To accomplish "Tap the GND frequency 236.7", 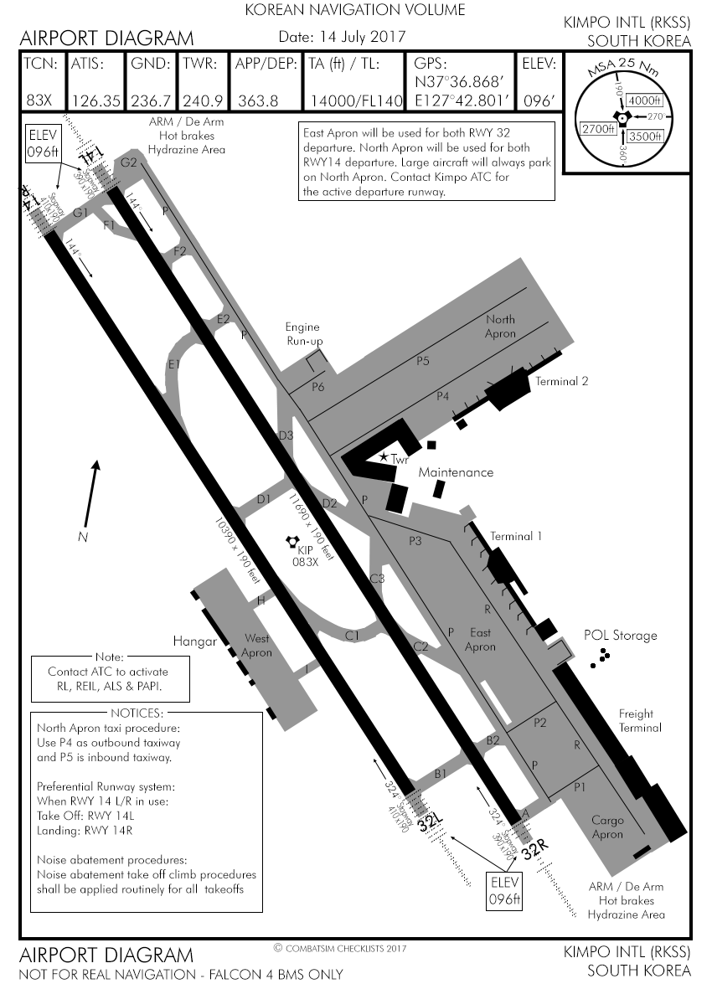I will [152, 100].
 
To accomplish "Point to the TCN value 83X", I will [39, 100].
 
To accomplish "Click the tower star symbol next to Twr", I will [384, 457].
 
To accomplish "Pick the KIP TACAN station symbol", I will [292, 543].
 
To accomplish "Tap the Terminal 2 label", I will [562, 381].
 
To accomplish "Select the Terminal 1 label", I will [516, 536].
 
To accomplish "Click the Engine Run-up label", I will [302, 334].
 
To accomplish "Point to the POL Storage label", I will [621, 636].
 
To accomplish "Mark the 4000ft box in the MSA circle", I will [644, 100].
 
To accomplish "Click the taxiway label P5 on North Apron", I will [423, 361].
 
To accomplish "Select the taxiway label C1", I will [353, 636].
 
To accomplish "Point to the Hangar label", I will [194, 641].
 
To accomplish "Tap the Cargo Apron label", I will [607, 827].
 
